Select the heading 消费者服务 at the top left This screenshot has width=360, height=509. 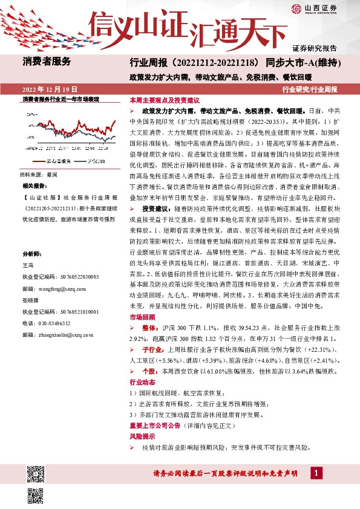pyautogui.click(x=47, y=61)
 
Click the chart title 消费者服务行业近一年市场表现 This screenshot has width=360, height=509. pyautogui.click(x=60, y=99)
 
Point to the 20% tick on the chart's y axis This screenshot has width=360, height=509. pyautogui.click(x=31, y=114)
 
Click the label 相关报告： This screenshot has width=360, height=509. pyautogui.click(x=35, y=186)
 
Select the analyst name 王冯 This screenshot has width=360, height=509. pyautogui.click(x=28, y=265)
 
